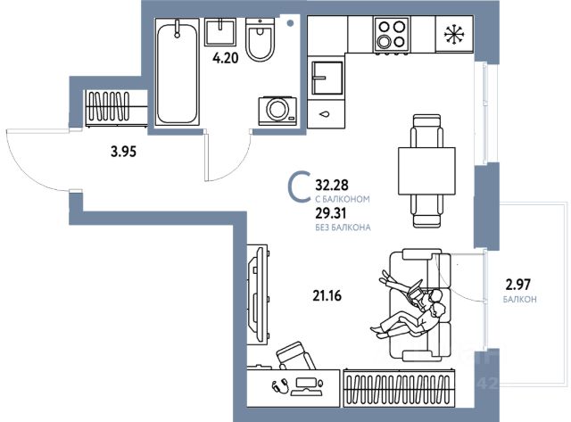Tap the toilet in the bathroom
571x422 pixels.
click(x=261, y=41)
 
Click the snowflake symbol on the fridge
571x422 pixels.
click(x=455, y=36)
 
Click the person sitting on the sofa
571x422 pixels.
click(x=415, y=308)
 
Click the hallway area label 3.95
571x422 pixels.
click(x=123, y=152)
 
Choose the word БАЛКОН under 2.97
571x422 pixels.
click(x=518, y=300)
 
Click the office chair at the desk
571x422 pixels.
click(x=295, y=360)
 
